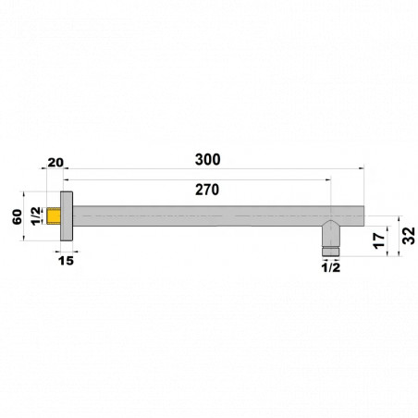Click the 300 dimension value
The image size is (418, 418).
tap(208, 160)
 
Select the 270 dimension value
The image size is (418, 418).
tap(207, 190)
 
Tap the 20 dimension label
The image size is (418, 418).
tap(55, 163)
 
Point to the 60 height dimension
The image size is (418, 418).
tap(18, 216)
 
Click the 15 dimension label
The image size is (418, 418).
tap(66, 261)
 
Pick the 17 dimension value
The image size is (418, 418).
tap(379, 240)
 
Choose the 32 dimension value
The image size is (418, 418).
tap(409, 236)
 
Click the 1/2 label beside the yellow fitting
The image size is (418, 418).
tap(36, 215)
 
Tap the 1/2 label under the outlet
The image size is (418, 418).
tap(331, 267)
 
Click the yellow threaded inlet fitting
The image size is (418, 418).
tap(54, 215)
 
